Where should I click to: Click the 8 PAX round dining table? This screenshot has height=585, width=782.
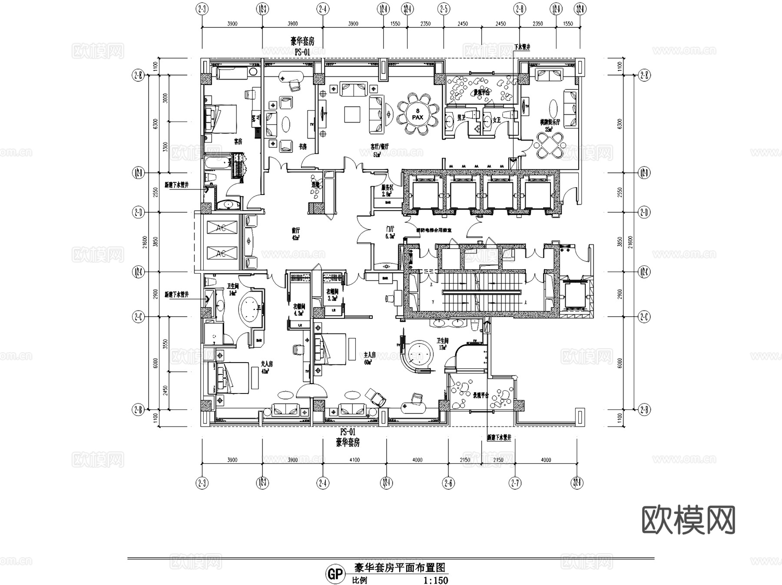pyautogui.click(x=417, y=114)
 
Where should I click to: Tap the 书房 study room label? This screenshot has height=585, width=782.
pyautogui.click(x=303, y=146)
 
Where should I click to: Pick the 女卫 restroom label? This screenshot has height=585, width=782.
pyautogui.click(x=497, y=119)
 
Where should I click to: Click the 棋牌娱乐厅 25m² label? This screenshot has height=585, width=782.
pyautogui.click(x=550, y=125)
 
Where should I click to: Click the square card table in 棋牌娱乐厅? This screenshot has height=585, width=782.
pyautogui.click(x=550, y=144)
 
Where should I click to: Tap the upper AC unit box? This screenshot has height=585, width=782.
pyautogui.click(x=222, y=228)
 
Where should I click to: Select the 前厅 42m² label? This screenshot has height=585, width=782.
pyautogui.click(x=296, y=234)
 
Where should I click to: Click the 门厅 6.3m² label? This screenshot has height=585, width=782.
pyautogui.click(x=390, y=232)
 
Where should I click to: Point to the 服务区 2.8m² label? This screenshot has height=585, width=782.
pyautogui.click(x=387, y=191)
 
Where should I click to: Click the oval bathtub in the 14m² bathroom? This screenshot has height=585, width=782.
pyautogui.click(x=250, y=309)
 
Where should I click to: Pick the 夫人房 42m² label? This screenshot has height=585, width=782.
pyautogui.click(x=266, y=367)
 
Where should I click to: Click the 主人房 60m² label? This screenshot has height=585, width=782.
pyautogui.click(x=369, y=358)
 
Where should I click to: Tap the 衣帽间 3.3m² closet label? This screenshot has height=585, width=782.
pyautogui.click(x=332, y=295)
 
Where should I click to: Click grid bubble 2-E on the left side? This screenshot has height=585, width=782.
pyautogui.click(x=138, y=75)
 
